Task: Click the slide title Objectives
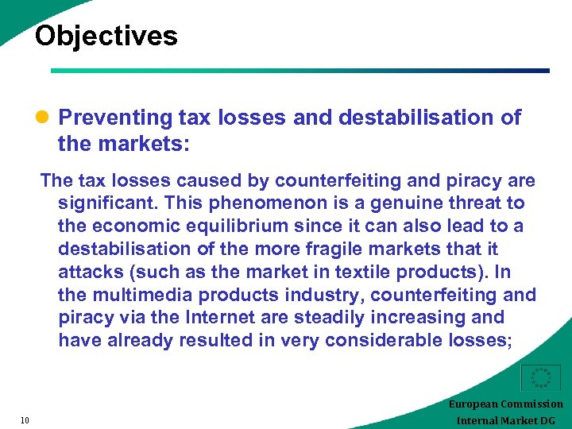point(106,36)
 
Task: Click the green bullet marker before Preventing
point(44,118)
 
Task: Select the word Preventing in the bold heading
point(115,118)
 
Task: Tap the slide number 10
point(25,420)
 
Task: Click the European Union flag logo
point(539,378)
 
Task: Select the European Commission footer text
point(505,404)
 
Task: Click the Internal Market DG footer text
point(505,420)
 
